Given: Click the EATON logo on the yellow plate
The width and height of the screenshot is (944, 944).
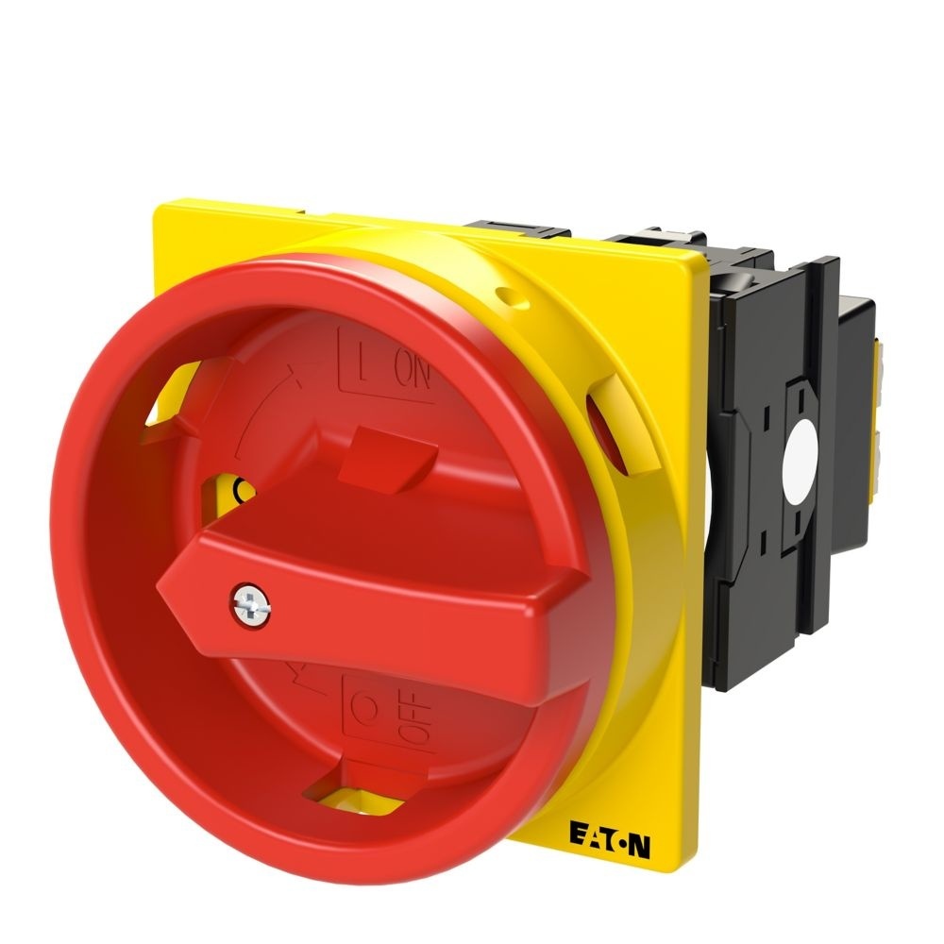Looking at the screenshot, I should (610, 831).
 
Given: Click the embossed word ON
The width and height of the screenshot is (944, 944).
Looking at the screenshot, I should (412, 375).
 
